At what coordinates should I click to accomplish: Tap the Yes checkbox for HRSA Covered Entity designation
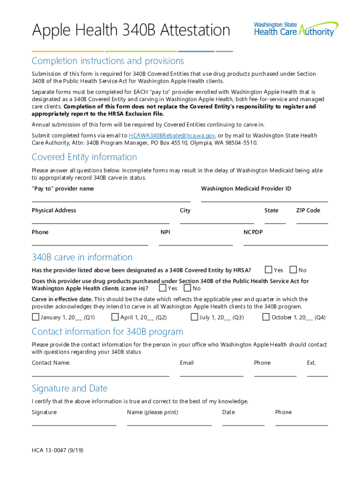(268, 270)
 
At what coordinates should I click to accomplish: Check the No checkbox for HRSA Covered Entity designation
(293, 270)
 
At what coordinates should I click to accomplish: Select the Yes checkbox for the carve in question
(163, 288)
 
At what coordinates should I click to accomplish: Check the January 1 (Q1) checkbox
(36, 317)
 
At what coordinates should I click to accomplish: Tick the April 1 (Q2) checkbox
(115, 317)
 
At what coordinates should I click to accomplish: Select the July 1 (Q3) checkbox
(194, 317)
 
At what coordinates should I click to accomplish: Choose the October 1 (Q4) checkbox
(266, 317)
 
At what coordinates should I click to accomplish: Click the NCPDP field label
(253, 232)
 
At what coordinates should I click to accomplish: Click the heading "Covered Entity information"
(84, 157)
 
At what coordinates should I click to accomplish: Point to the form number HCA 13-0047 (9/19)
(58, 450)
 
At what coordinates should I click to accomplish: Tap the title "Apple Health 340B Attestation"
(131, 30)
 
